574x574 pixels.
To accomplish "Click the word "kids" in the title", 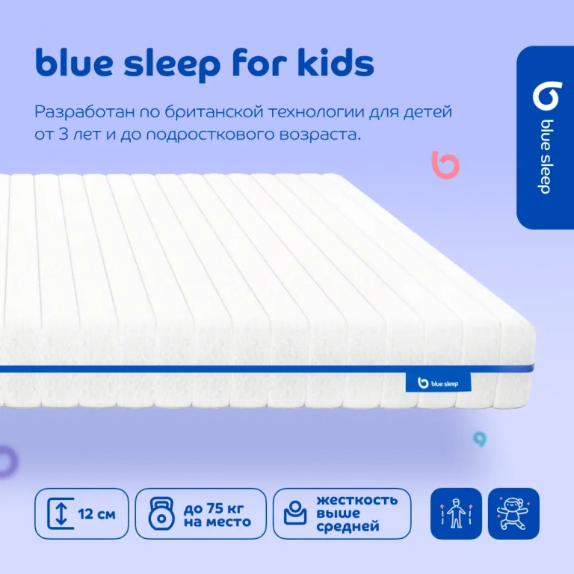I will tap(333, 64).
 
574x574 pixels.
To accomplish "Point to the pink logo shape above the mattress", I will tap(445, 164).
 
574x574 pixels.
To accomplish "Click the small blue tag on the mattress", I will tap(438, 383).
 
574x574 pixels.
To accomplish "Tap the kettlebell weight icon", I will tap(161, 514).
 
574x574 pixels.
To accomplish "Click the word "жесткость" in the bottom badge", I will tap(357, 500).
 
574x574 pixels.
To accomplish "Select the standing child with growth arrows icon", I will tap(455, 514).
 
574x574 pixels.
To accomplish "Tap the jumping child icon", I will tap(513, 514).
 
